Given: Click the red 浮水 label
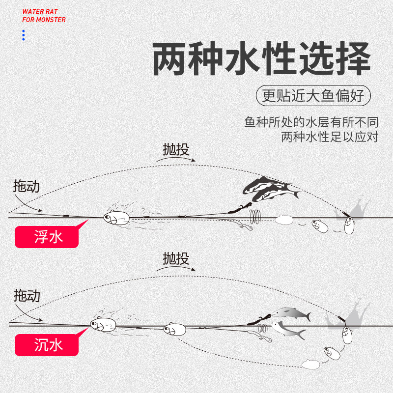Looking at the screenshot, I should (x=47, y=237).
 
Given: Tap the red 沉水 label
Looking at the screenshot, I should (x=47, y=345).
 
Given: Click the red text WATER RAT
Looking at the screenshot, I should (x=40, y=11).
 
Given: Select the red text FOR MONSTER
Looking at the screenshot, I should (x=44, y=20).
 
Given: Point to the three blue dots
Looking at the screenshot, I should (x=23, y=35).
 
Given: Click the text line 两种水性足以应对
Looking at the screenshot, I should (x=329, y=137).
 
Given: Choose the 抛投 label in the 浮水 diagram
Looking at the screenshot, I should (x=176, y=149).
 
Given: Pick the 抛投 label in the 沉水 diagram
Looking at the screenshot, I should (x=176, y=258).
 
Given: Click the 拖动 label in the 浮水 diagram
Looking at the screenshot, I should (x=27, y=186).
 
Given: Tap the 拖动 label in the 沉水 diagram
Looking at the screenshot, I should (x=27, y=296).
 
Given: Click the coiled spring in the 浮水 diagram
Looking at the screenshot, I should (x=256, y=215).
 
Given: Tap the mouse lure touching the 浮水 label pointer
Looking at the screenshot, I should (x=116, y=217).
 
